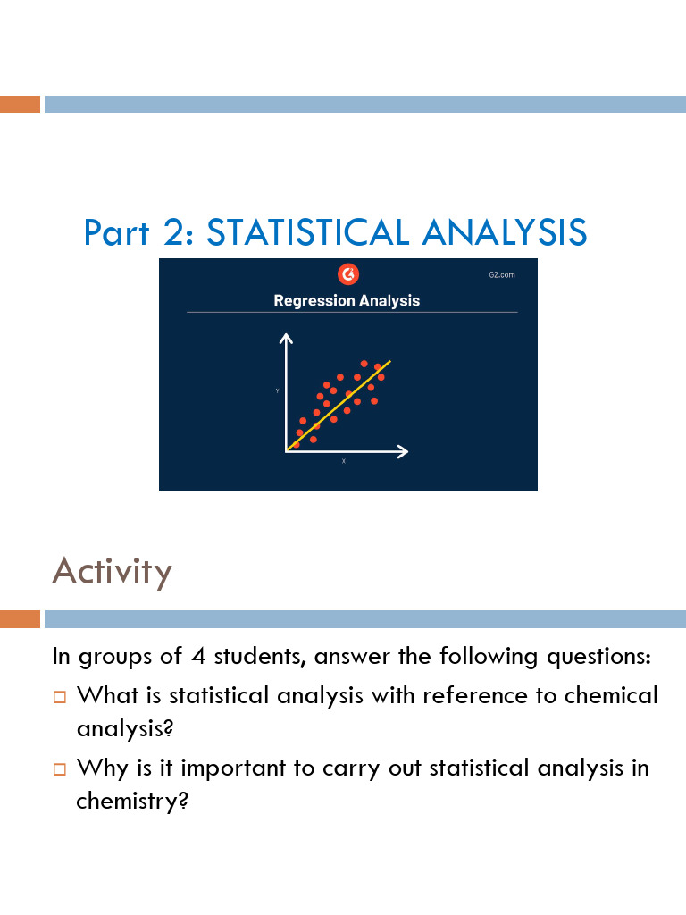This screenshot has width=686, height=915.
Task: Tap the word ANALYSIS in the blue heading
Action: tap(505, 232)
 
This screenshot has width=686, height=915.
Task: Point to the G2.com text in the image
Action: tap(501, 274)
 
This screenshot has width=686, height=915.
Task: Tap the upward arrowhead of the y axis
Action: tap(286, 339)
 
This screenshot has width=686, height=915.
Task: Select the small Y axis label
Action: tap(277, 391)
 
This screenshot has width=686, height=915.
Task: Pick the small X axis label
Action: tap(343, 461)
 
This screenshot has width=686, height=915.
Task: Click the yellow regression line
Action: tap(348, 396)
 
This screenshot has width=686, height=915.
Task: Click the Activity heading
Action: tap(112, 570)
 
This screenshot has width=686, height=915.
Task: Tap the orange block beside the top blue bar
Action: tap(20, 105)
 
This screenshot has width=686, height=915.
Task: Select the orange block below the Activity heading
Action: tap(20, 619)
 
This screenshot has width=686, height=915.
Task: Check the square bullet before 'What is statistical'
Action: tap(60, 695)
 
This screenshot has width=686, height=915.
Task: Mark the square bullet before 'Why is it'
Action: tap(60, 768)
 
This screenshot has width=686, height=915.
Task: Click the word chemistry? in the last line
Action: tap(131, 801)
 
